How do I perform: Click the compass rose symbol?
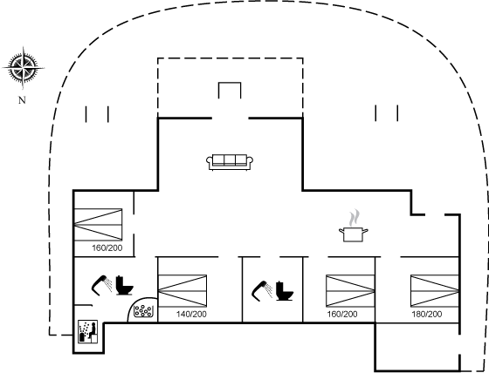(23, 68)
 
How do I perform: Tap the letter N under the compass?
(22, 100)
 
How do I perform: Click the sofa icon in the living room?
(230, 162)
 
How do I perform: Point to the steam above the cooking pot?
(354, 218)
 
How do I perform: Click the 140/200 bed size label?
(191, 314)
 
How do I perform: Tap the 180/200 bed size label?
(427, 314)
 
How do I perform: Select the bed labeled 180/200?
(435, 291)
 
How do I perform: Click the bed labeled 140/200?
(183, 291)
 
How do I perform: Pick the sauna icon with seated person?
(87, 331)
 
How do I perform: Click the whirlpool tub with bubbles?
(143, 311)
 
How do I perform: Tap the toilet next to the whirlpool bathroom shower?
(124, 286)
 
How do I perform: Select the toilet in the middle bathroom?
(285, 291)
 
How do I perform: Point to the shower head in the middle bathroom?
(262, 289)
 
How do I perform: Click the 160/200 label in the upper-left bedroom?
(107, 248)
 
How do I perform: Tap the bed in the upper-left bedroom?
(98, 225)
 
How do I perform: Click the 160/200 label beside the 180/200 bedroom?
(342, 314)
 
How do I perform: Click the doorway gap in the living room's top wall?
(231, 119)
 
